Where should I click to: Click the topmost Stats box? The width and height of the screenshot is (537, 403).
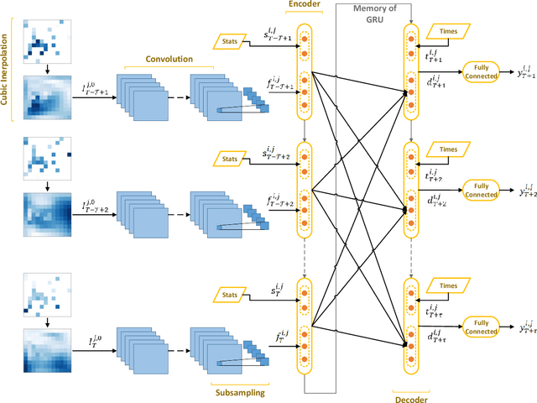230,39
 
